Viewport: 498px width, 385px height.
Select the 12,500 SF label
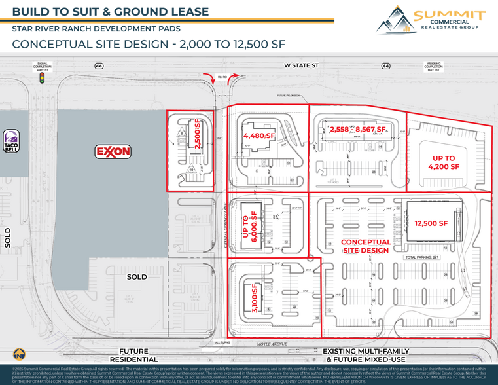pyautogui.click(x=431, y=223)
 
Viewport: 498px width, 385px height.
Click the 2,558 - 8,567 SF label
pyautogui.click(x=350, y=130)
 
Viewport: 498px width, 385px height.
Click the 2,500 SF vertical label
pyautogui.click(x=198, y=134)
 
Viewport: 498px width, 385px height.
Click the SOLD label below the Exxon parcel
pyautogui.click(x=137, y=276)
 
